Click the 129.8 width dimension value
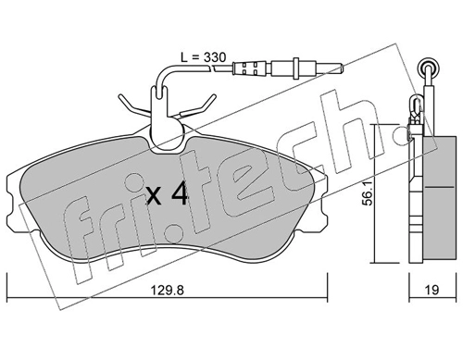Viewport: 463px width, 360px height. tap(167, 291)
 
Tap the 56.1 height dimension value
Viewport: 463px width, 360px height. tap(368, 193)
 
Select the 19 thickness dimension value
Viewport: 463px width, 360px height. tap(432, 290)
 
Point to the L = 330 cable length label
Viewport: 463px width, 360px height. tap(203, 57)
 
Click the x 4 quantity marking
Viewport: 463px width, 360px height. tap(168, 193)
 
